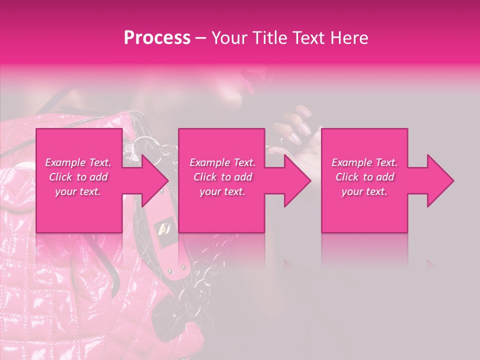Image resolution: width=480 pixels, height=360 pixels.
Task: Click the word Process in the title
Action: (x=157, y=38)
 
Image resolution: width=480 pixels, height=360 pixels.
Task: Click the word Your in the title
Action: (x=228, y=38)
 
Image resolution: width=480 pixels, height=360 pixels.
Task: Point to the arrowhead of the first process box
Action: (x=154, y=180)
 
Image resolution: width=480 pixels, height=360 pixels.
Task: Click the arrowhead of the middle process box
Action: (x=296, y=180)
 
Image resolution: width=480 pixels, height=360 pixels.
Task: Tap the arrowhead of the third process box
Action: (x=439, y=180)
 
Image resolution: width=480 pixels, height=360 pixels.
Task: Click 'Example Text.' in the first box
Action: (x=78, y=162)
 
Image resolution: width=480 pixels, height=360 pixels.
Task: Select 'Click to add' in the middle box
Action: (x=222, y=177)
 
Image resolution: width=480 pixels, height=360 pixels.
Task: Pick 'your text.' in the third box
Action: (x=364, y=191)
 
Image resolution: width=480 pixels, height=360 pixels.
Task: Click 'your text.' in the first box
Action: (x=78, y=191)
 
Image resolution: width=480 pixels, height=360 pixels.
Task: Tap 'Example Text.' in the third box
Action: (x=364, y=162)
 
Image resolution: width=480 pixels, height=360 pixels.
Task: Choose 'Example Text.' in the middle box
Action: (x=222, y=162)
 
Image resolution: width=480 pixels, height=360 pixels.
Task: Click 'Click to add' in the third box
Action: (x=364, y=177)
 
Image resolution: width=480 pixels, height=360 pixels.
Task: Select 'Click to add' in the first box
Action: (x=78, y=177)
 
